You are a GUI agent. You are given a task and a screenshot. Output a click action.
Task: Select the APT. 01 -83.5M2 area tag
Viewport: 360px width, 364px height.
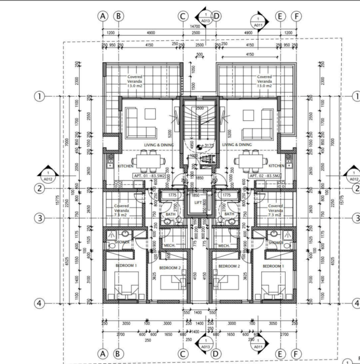(x=149, y=176)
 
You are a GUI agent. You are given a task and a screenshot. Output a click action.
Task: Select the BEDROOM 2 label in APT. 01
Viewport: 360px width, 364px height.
(x=170, y=267)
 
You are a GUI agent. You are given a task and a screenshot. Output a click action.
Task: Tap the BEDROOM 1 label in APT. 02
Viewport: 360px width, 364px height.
(x=273, y=266)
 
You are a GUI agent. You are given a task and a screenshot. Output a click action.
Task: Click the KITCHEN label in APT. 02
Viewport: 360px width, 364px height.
(x=276, y=166)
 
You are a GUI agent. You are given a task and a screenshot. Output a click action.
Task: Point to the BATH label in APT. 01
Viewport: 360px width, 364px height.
(x=170, y=214)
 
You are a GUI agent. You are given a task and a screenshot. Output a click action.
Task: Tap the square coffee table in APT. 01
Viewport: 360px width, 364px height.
(x=150, y=114)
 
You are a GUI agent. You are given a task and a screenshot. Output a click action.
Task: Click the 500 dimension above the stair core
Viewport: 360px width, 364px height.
(x=199, y=54)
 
